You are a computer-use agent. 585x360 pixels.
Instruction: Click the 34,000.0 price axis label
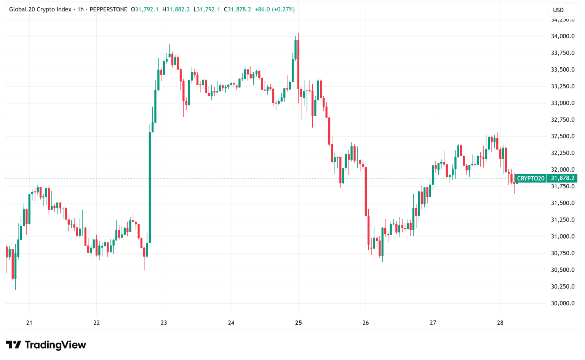coord(563,36)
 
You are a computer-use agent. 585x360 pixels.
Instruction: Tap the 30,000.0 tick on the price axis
coord(563,303)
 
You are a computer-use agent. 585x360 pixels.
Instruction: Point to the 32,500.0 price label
coord(563,136)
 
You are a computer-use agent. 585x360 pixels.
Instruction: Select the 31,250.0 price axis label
coord(563,220)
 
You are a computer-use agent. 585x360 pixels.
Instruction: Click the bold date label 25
coord(298,323)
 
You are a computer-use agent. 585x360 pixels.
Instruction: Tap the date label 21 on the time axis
coord(29,323)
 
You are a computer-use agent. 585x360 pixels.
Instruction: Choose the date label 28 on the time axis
coord(500,323)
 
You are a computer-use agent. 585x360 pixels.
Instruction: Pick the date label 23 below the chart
coord(164,323)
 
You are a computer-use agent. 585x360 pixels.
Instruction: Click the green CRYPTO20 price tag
coord(530,178)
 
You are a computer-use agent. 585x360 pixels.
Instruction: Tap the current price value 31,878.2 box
coord(563,178)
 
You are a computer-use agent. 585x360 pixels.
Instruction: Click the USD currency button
coord(558,10)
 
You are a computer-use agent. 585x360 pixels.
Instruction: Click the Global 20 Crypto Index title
coord(40,9)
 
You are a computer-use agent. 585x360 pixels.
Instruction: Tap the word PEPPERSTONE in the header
coord(108,9)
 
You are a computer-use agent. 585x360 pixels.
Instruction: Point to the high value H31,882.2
coord(176,9)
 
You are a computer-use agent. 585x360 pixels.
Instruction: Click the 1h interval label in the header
coord(80,9)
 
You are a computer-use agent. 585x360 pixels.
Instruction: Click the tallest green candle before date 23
coord(150,186)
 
